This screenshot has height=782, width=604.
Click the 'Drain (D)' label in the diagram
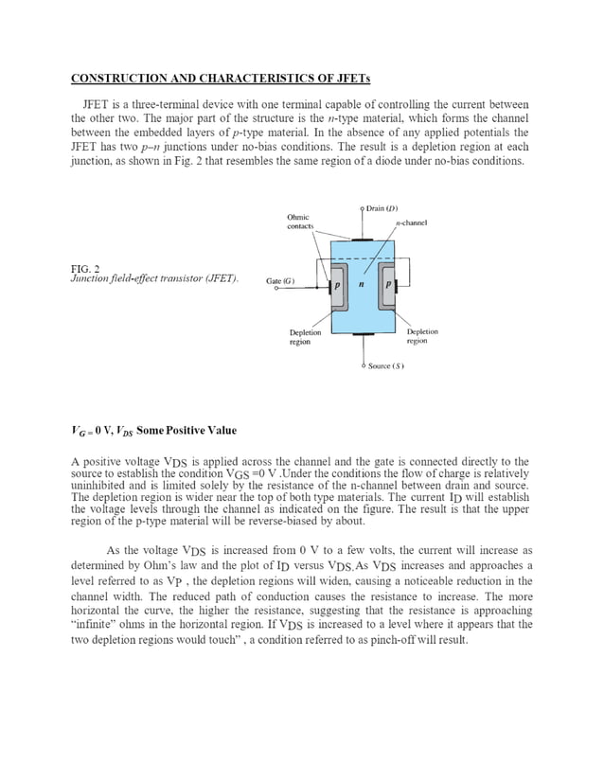382,208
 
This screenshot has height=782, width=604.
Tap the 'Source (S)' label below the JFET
386,365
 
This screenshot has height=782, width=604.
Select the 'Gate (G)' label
281,281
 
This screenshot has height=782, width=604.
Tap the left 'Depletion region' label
305,337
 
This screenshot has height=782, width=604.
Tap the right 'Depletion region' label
421,337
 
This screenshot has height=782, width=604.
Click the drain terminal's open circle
362,207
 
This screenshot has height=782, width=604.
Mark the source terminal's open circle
362,364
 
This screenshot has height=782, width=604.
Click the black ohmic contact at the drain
362,240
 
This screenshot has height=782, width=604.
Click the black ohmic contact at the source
362,334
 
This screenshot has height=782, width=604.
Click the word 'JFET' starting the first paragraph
95,104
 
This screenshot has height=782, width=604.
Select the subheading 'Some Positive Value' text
187,431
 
